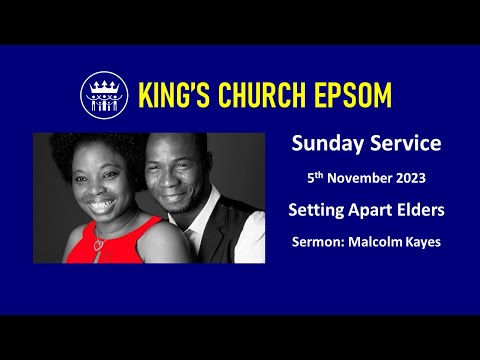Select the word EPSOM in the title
[351, 96]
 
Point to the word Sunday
[323, 144]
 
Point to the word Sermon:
[319, 241]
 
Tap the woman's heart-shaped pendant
[97, 242]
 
